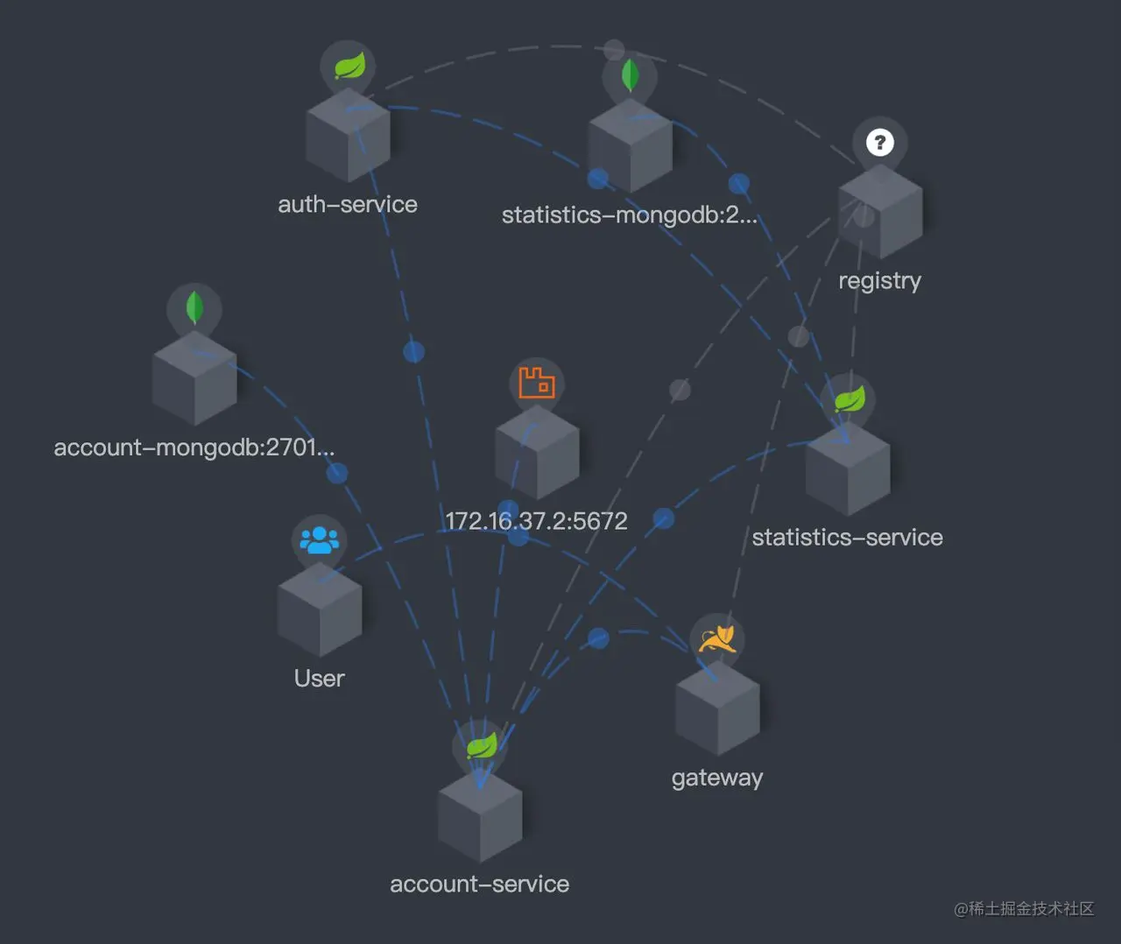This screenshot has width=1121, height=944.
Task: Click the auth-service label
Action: coord(348,205)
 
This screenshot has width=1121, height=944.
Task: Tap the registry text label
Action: coord(879,281)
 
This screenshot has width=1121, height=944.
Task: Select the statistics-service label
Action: coord(847,538)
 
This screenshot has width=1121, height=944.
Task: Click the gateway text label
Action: coord(717,778)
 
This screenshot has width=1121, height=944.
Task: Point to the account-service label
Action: coord(479,884)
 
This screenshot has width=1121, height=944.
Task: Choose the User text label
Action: coord(319,679)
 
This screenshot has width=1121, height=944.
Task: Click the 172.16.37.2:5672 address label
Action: coord(536,521)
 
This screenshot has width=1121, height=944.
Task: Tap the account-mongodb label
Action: coord(194,447)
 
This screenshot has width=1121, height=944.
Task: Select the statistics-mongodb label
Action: coord(629,215)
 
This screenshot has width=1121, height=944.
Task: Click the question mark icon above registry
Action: coord(880,142)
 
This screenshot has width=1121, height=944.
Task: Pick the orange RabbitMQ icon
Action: coord(537,383)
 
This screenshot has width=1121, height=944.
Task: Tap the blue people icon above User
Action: coord(319,539)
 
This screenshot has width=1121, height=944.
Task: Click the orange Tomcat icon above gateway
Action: coord(717,638)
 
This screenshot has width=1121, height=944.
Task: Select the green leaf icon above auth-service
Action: coord(349,66)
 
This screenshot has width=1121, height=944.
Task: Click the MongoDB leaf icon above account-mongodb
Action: coord(194,307)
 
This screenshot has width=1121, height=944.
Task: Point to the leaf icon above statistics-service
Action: coord(849,399)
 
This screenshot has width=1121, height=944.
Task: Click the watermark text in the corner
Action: coord(1024,909)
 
